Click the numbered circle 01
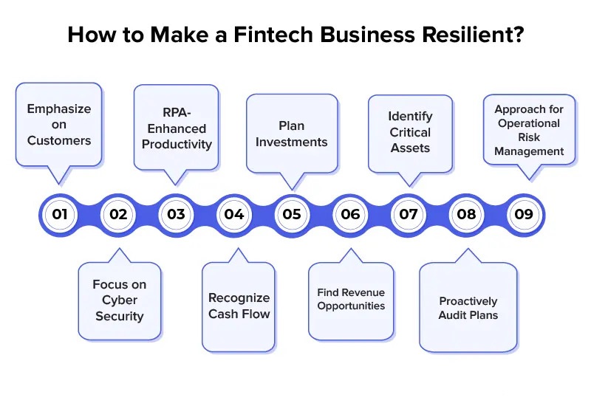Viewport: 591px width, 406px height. [x=60, y=215]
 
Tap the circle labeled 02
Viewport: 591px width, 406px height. [x=118, y=215]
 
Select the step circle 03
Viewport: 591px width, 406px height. [x=176, y=215]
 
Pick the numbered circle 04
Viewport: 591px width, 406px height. [x=234, y=215]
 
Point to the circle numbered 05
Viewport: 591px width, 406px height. [x=292, y=215]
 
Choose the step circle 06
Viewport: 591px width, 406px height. [x=350, y=215]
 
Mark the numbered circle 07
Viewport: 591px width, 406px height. [x=408, y=215]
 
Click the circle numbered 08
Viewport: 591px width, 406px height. [x=466, y=215]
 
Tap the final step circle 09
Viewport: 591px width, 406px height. [x=524, y=215]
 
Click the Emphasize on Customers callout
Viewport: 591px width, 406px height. [x=59, y=124]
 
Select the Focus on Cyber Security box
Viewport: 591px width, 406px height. [x=120, y=300]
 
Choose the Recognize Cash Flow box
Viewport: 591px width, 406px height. [x=239, y=306]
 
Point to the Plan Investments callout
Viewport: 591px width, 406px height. [x=292, y=134]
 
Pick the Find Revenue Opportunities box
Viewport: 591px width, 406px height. [x=351, y=299]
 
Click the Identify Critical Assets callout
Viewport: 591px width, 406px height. [x=410, y=133]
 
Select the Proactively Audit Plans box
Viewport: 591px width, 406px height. [x=468, y=308]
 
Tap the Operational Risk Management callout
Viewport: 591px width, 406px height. [x=529, y=131]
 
